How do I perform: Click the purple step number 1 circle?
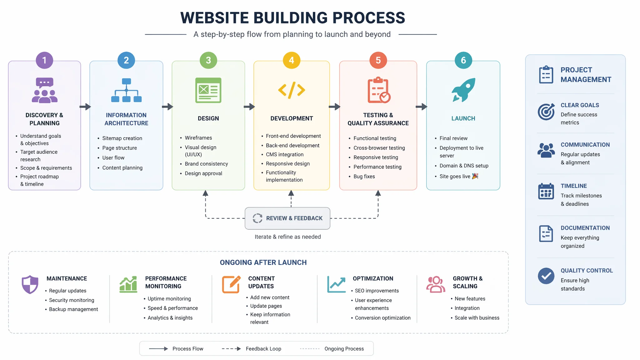44,60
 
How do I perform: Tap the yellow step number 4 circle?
291,60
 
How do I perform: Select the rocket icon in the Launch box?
463,90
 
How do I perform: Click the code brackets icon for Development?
292,90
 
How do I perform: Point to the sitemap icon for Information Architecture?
126,90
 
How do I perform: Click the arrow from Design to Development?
249,107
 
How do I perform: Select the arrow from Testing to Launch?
422,107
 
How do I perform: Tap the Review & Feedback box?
287,218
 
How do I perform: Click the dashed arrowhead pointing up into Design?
205,193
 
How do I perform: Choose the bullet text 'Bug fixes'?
364,177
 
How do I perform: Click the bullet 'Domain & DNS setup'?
464,166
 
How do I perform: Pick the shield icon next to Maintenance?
30,284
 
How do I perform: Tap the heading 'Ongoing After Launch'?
263,262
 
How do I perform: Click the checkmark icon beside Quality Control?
546,276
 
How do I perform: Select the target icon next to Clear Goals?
546,112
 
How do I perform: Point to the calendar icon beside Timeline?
546,191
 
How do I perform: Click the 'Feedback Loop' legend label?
263,349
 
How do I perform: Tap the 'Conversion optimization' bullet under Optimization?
382,318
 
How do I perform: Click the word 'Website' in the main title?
214,18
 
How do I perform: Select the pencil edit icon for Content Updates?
231,284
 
